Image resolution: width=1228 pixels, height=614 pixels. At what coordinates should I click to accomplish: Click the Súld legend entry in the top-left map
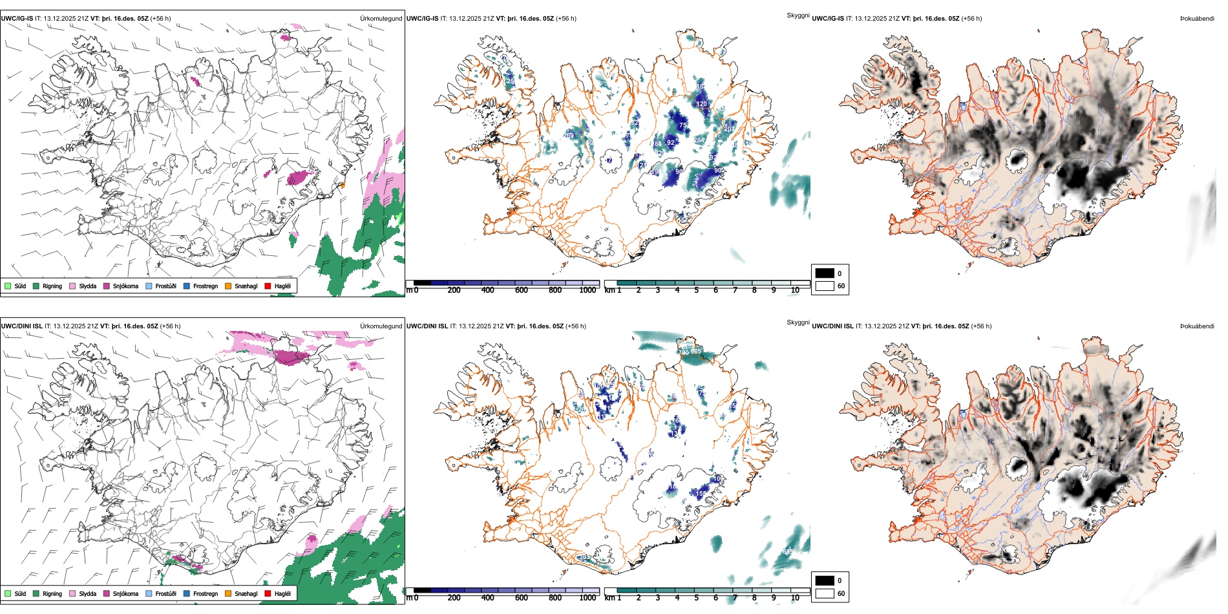(16, 286)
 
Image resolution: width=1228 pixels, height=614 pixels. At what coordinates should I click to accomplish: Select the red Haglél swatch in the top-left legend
(268, 286)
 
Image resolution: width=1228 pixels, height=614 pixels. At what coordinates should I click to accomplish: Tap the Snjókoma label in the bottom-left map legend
(125, 593)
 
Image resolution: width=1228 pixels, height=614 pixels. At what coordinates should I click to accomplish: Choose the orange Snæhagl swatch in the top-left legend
(228, 286)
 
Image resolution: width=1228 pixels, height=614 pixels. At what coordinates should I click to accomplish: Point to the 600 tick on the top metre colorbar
(521, 290)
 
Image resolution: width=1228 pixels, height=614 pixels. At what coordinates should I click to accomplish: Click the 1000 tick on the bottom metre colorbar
(588, 598)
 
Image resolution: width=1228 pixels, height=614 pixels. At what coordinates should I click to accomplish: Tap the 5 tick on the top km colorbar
(696, 290)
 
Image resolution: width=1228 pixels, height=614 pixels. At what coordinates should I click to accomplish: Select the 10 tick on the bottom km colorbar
(795, 598)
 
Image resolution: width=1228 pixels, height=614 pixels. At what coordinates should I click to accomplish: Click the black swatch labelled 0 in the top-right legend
(825, 273)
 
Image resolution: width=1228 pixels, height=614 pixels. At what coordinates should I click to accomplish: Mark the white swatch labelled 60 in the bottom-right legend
(825, 593)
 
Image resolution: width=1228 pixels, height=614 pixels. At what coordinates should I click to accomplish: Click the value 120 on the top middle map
(701, 103)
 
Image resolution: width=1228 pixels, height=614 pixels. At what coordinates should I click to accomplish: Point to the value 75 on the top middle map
(683, 125)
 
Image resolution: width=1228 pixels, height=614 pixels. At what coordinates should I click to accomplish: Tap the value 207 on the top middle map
(728, 129)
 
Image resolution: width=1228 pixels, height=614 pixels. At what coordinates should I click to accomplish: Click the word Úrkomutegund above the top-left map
(381, 18)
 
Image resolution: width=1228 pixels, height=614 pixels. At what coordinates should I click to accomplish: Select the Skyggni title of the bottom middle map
(798, 322)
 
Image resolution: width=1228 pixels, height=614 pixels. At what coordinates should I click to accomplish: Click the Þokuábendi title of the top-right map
(1197, 18)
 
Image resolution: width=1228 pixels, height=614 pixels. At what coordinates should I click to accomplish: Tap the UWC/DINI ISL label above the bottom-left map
(21, 326)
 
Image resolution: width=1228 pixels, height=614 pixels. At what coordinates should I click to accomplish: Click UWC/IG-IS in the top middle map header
(422, 18)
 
